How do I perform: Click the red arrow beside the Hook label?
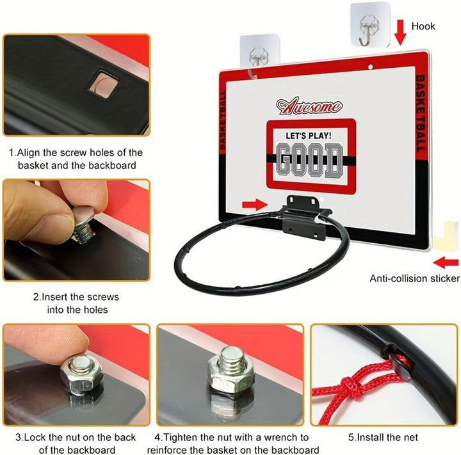(400, 33)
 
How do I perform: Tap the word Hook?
(423, 26)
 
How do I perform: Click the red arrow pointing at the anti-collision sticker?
(446, 262)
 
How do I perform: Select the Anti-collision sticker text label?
(414, 278)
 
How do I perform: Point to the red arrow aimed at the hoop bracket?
(255, 204)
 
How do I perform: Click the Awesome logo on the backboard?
(309, 106)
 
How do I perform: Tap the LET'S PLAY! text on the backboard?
(309, 136)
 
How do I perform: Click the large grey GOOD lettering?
(310, 160)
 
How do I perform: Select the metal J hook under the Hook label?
(366, 33)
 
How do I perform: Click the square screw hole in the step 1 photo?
(104, 83)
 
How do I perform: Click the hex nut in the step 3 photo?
(81, 376)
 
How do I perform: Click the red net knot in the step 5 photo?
(350, 386)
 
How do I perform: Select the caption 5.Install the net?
(383, 437)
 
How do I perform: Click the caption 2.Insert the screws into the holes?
(76, 303)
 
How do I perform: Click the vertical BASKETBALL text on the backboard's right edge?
(420, 113)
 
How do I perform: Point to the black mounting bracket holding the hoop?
(306, 218)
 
